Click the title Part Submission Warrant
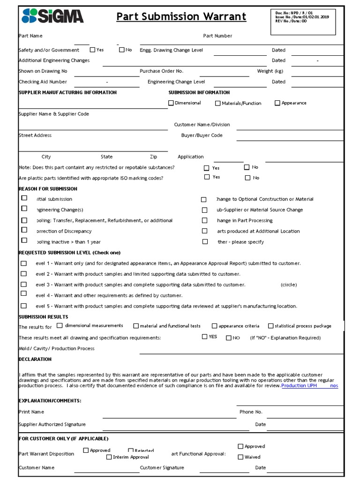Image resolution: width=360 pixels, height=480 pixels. (x=181, y=17)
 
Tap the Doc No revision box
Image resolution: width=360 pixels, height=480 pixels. (x=302, y=21)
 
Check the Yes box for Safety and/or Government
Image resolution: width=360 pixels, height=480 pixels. (x=92, y=50)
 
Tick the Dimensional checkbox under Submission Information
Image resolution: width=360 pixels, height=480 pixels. (x=171, y=103)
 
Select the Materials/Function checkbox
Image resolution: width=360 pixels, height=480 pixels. (x=217, y=103)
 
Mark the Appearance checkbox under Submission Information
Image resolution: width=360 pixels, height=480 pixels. (x=277, y=103)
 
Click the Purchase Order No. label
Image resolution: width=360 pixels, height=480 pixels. (x=161, y=71)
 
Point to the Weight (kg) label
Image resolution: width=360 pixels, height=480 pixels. (x=270, y=71)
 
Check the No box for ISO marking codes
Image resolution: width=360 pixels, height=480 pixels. (x=247, y=178)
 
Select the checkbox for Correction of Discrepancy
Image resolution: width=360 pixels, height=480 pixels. (x=24, y=230)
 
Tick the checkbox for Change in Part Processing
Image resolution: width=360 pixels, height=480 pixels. (x=204, y=220)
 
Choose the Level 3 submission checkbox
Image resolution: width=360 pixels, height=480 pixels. (x=23, y=285)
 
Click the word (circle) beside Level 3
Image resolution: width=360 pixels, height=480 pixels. (x=289, y=285)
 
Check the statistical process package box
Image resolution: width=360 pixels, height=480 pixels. (x=270, y=326)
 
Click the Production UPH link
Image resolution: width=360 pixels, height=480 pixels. (x=299, y=385)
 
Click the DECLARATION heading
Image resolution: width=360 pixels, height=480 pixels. (x=35, y=359)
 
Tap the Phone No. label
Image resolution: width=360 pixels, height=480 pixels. (x=251, y=412)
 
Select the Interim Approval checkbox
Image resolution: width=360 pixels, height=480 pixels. (x=109, y=457)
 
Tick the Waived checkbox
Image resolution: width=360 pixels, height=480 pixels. (x=240, y=457)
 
